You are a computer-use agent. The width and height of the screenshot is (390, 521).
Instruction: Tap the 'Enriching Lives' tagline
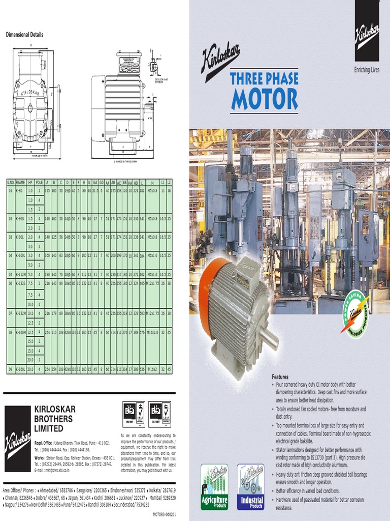[367, 70]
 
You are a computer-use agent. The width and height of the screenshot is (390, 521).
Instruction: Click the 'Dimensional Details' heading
[24, 35]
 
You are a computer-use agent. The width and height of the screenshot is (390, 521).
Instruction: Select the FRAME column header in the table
[20, 182]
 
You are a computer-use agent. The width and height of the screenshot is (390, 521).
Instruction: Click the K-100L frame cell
[20, 254]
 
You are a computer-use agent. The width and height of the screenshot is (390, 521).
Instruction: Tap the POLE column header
[39, 182]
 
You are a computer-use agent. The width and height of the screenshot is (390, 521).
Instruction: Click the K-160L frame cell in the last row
[20, 369]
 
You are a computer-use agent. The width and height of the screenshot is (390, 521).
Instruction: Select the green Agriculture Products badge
[214, 486]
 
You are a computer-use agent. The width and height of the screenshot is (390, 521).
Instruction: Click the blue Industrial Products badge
[252, 486]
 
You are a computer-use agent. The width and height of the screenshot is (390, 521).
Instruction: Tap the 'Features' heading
[280, 377]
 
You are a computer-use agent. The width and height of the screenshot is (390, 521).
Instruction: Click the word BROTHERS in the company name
[53, 419]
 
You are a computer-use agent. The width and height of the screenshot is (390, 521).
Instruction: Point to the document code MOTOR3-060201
[164, 514]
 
